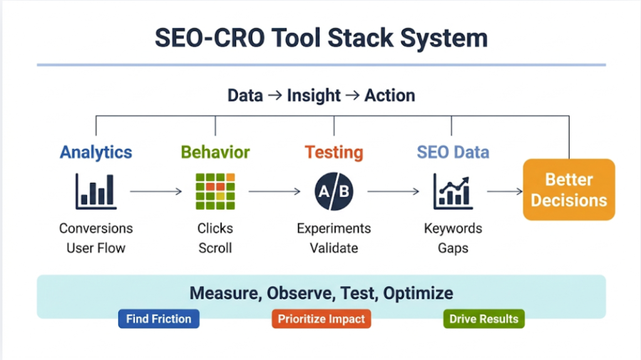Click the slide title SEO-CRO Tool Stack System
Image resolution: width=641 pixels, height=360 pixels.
(x=320, y=38)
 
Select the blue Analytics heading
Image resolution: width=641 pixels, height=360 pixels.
(x=96, y=152)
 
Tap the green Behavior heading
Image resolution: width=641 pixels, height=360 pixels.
(x=215, y=152)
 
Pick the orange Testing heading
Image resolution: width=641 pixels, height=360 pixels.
(x=334, y=152)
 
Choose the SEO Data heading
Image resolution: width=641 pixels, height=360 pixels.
(x=453, y=152)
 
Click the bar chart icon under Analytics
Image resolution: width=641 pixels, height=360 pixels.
(x=95, y=191)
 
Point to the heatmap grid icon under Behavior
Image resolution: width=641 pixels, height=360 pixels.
(x=215, y=191)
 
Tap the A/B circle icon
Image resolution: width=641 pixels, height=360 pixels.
(x=334, y=191)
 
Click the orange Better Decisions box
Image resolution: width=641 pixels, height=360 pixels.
(x=568, y=190)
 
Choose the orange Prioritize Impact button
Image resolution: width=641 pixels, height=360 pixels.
(x=321, y=319)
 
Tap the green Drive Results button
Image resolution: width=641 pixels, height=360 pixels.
(x=484, y=319)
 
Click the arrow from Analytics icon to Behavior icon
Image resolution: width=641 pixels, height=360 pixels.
(x=156, y=192)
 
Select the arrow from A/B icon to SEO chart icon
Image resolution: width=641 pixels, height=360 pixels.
(x=393, y=192)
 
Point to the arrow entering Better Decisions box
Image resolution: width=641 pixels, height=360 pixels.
(x=505, y=192)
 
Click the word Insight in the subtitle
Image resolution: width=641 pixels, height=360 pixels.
(x=314, y=96)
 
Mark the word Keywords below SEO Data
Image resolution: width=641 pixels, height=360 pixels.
(x=453, y=228)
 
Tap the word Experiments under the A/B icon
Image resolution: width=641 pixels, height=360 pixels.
(x=334, y=228)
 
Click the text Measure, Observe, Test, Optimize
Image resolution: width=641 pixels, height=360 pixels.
(x=321, y=293)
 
